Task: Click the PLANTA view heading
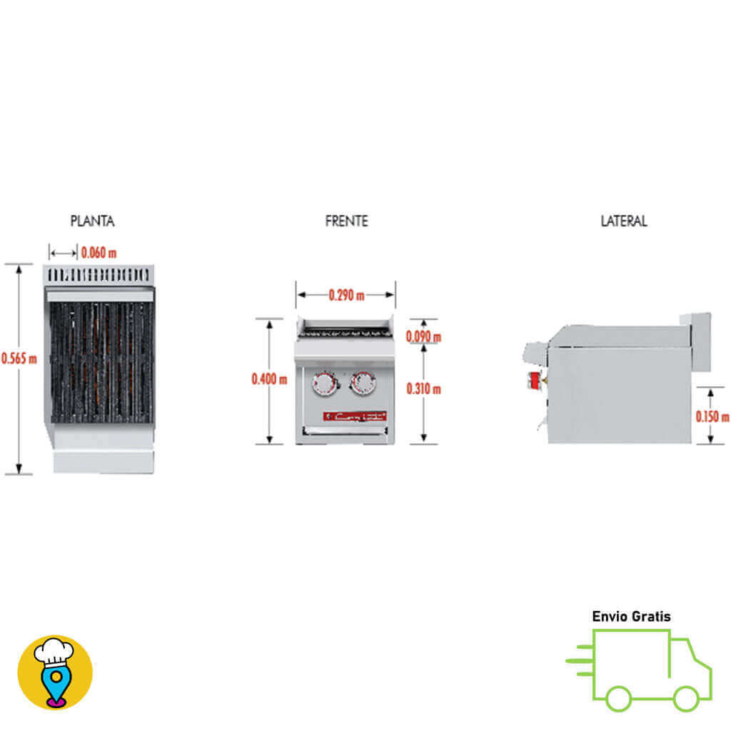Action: coord(92,221)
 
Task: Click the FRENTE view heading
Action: coord(346,221)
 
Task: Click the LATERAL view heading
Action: coord(623,221)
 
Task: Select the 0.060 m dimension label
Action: coord(99,253)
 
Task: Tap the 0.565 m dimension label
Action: coord(19,358)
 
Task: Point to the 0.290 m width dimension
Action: coord(346,295)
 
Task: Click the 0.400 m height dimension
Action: coord(269,380)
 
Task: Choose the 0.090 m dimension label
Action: coord(423,336)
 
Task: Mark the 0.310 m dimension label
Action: coord(423,389)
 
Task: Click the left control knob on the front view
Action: coord(325,383)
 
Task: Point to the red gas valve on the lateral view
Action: coord(533,380)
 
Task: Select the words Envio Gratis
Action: coord(631,616)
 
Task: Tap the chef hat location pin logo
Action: coord(55,672)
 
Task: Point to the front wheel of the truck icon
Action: coord(685,698)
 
